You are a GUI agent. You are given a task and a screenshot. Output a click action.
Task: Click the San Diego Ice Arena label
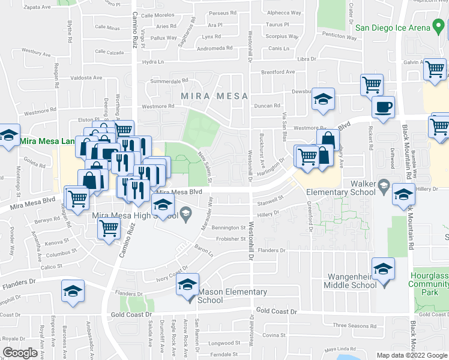click(x=393, y=27)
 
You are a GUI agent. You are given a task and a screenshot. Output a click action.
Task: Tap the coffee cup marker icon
click(x=383, y=109)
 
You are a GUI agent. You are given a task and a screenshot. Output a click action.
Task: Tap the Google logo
click(x=20, y=353)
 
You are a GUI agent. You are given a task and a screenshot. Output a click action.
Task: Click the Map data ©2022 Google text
click(x=411, y=355)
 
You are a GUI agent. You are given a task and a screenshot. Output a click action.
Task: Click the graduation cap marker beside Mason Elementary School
click(x=187, y=286)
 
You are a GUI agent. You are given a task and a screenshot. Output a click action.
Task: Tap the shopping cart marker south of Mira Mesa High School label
click(x=109, y=229)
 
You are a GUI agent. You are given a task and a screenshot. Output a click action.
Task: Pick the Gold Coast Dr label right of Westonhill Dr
click(x=276, y=311)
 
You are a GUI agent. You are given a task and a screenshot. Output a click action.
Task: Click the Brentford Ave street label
click(x=278, y=72)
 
